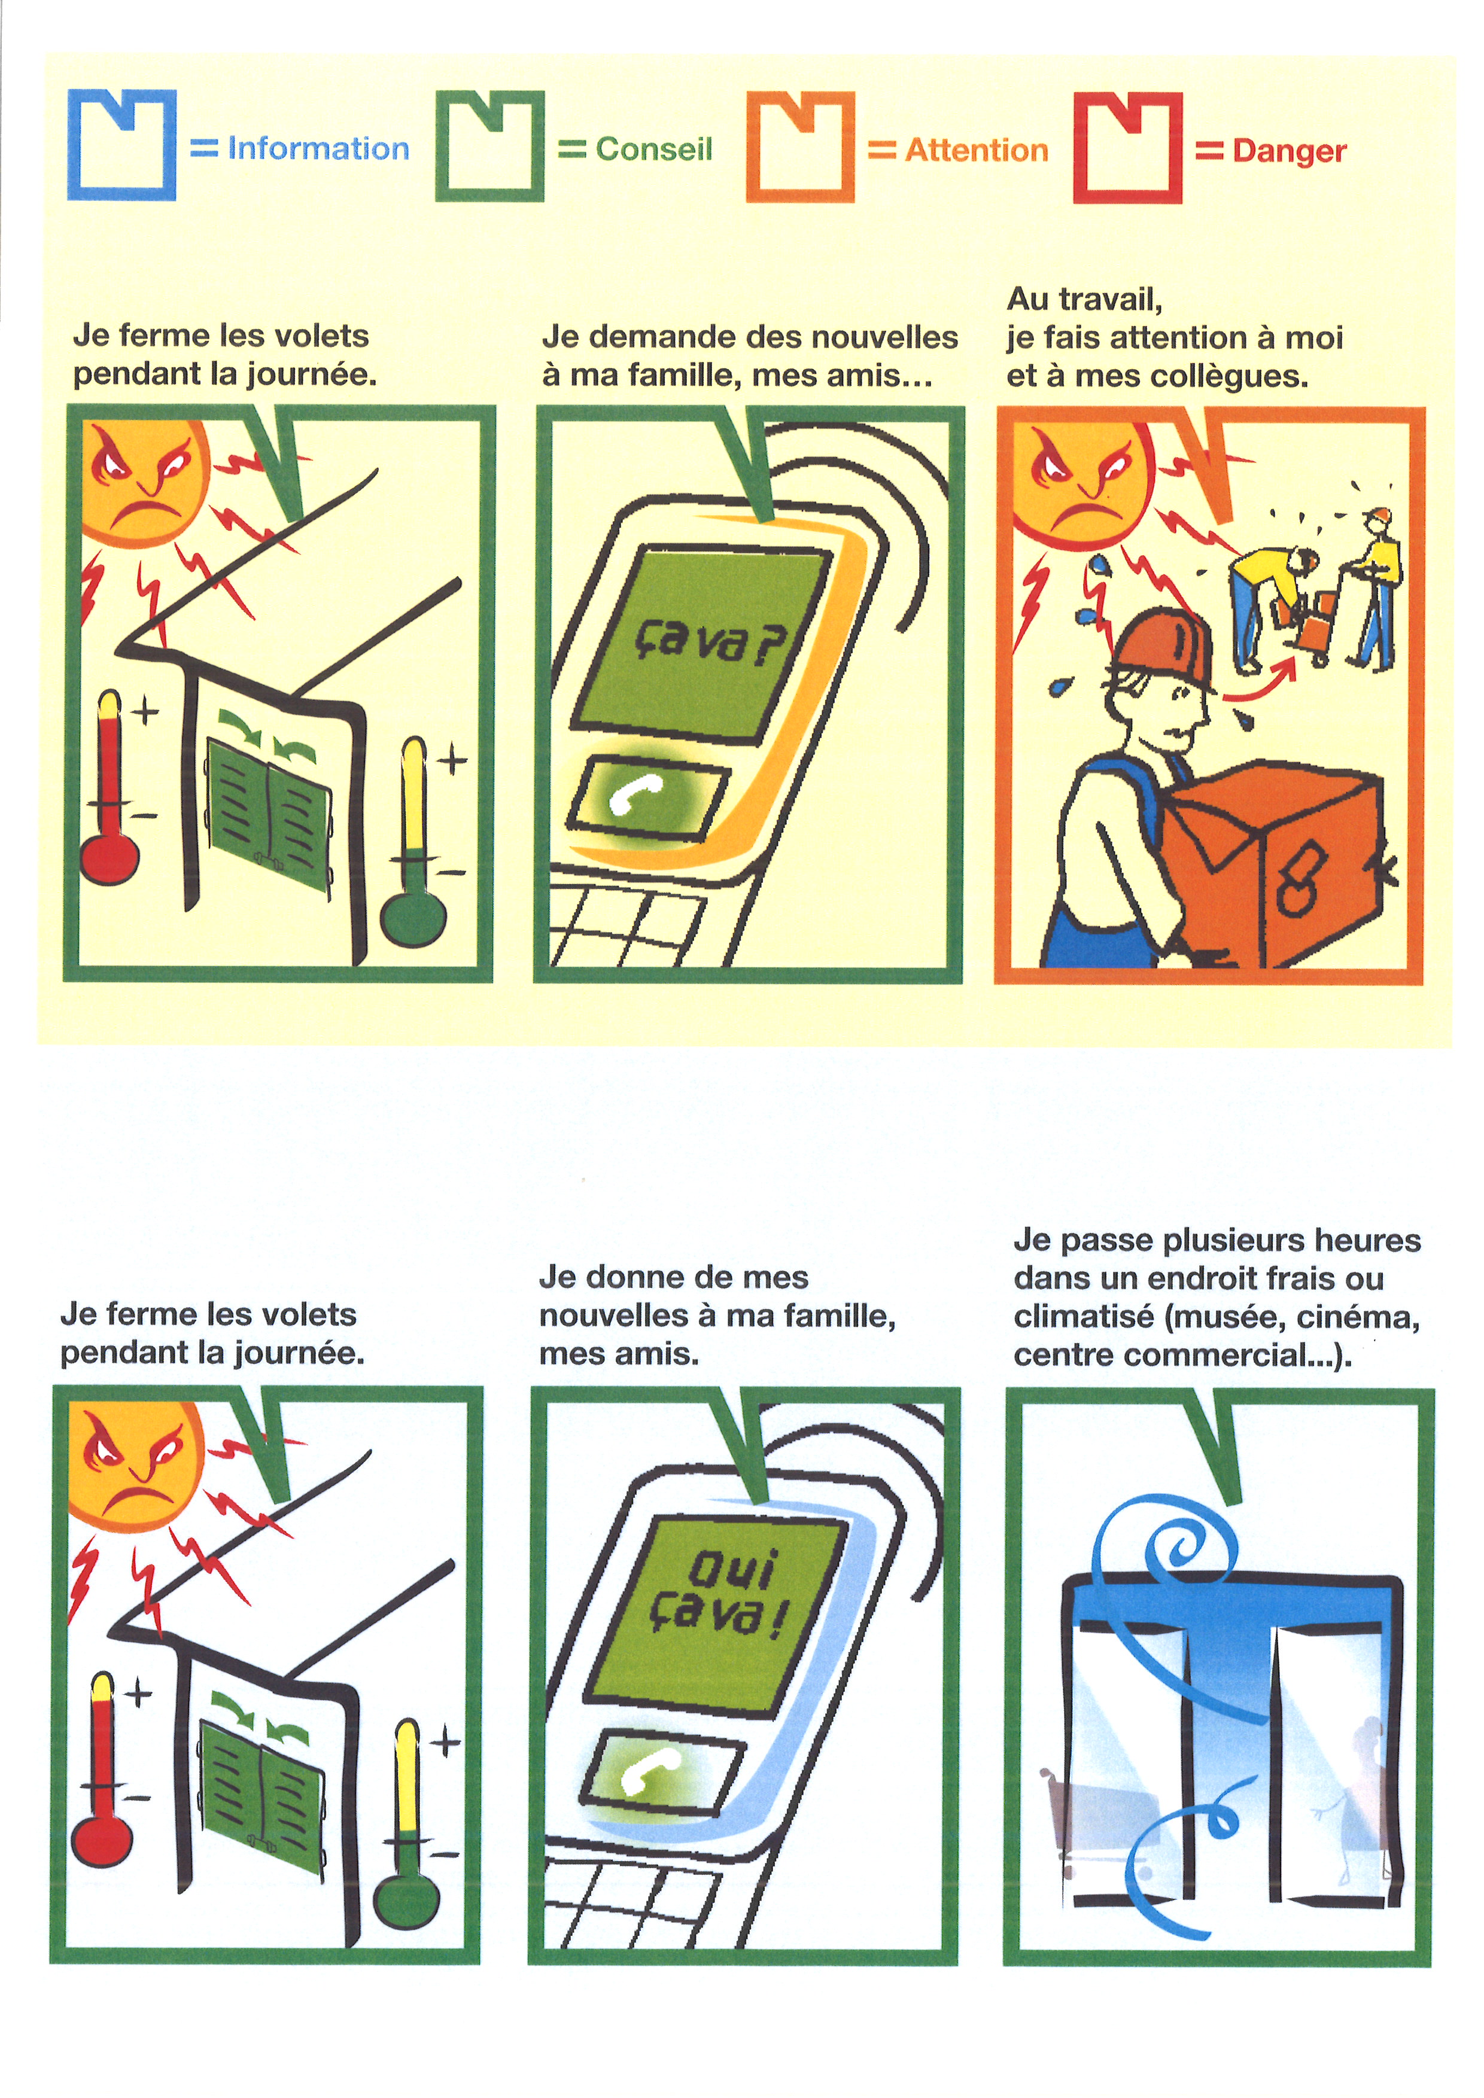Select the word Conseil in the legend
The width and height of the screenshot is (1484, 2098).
point(653,149)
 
